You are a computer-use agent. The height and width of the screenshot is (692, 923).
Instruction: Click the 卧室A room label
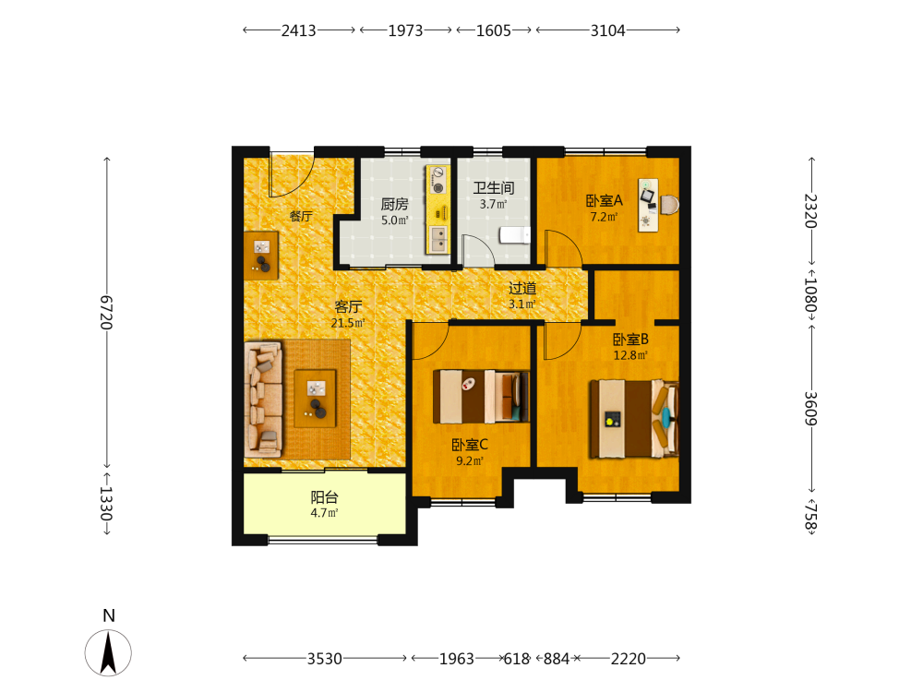point(604,200)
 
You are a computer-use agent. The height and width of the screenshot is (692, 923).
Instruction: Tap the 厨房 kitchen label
point(394,204)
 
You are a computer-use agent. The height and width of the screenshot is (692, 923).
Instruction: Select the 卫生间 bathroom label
point(493,188)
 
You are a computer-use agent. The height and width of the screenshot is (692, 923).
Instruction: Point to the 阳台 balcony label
point(324,497)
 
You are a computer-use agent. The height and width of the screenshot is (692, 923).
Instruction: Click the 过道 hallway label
point(522,288)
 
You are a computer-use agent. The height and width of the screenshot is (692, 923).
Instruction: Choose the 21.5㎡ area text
point(348,323)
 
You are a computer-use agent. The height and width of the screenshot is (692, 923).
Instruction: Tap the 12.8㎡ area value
point(630,355)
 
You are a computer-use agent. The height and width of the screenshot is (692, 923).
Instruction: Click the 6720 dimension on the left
point(106,312)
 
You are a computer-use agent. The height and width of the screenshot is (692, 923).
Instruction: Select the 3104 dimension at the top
point(607,30)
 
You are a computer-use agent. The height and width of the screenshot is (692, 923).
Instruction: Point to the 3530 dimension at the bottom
point(324,659)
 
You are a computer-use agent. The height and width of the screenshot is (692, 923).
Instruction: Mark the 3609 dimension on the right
point(811,409)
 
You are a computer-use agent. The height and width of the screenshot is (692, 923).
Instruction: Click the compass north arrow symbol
point(108,652)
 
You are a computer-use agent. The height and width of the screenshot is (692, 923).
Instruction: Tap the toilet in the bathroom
point(515,235)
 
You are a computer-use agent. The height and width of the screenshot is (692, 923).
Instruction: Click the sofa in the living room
point(263,400)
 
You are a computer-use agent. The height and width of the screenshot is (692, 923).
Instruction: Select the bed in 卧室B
point(635,418)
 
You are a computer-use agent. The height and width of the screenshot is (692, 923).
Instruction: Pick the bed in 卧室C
point(481,396)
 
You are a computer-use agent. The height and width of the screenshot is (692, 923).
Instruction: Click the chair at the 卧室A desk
point(670,205)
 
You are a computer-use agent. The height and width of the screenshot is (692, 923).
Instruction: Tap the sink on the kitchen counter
point(438,239)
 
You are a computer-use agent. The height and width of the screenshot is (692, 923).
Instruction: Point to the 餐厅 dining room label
point(301,216)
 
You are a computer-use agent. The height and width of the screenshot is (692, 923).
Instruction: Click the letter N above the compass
point(108,615)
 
